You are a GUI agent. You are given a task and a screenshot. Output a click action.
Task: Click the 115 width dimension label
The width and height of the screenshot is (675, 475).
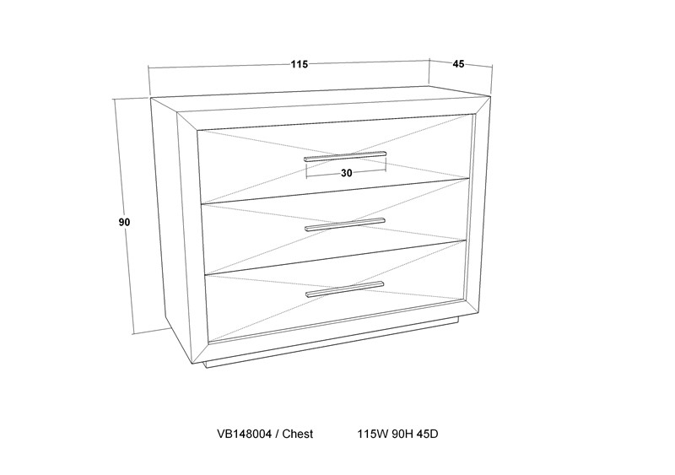pos(300,64)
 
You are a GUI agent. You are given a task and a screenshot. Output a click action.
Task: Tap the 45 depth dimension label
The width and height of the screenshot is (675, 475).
pos(458,64)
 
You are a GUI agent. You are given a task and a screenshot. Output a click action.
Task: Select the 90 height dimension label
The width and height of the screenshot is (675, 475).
pos(124,222)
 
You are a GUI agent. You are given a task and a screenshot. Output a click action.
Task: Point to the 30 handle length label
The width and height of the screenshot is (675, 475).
pos(347,173)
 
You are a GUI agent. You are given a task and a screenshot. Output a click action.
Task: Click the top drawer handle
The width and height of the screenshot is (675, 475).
pos(345,156)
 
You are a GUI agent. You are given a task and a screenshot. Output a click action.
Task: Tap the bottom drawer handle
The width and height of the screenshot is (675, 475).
pos(344,289)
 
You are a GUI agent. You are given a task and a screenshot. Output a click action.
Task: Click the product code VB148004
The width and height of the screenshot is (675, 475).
pos(244,434)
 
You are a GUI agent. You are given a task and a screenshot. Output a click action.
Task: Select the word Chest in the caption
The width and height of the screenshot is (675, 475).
pos(298,434)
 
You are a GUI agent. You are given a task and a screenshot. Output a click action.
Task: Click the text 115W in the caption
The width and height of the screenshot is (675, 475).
pos(373,434)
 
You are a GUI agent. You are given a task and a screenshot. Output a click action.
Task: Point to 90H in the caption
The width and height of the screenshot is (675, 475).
pos(403,434)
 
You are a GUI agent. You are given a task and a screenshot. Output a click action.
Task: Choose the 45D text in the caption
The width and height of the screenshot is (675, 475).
pos(428,434)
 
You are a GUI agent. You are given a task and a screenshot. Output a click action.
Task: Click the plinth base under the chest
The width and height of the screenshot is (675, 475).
pos(332,343)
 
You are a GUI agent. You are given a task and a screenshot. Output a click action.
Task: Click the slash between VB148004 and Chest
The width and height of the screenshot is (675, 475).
pos(277,434)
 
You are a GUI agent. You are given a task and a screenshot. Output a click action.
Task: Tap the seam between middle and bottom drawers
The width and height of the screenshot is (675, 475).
pos(335,257)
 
